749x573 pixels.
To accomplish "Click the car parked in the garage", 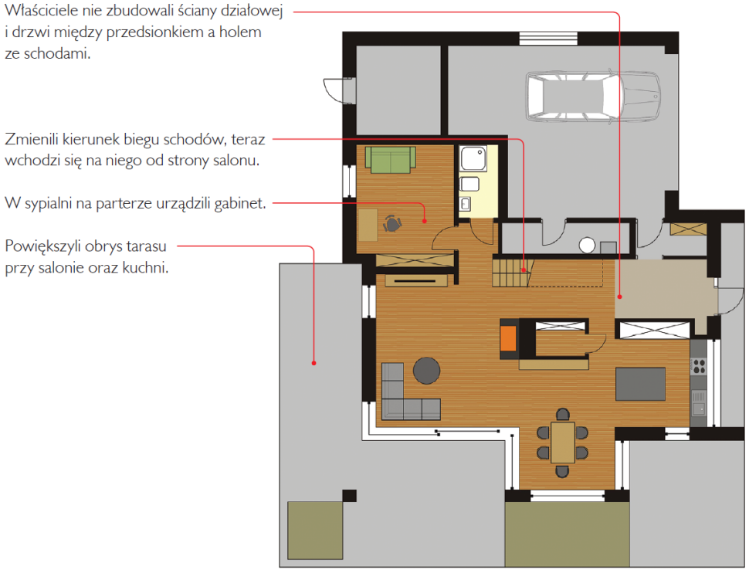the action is coord(593,97).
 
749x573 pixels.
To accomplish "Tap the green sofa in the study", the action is coord(390,160).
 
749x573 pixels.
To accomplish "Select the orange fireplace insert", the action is coord(508,338).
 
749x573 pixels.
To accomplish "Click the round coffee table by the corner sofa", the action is coord(426,371).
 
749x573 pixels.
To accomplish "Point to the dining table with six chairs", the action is coord(563,442).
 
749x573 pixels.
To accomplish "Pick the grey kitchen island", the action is coord(640,384).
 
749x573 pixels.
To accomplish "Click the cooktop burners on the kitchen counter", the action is coord(699,366).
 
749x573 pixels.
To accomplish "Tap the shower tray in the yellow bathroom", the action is coord(473,158).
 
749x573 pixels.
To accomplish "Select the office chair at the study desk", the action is coord(392,224).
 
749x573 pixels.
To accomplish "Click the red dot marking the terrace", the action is coord(313,363).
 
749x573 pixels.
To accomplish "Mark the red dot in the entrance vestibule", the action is coord(619,297).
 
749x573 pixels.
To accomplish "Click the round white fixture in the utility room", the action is coord(587,245).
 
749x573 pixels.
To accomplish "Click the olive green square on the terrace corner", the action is coord(315,530).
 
